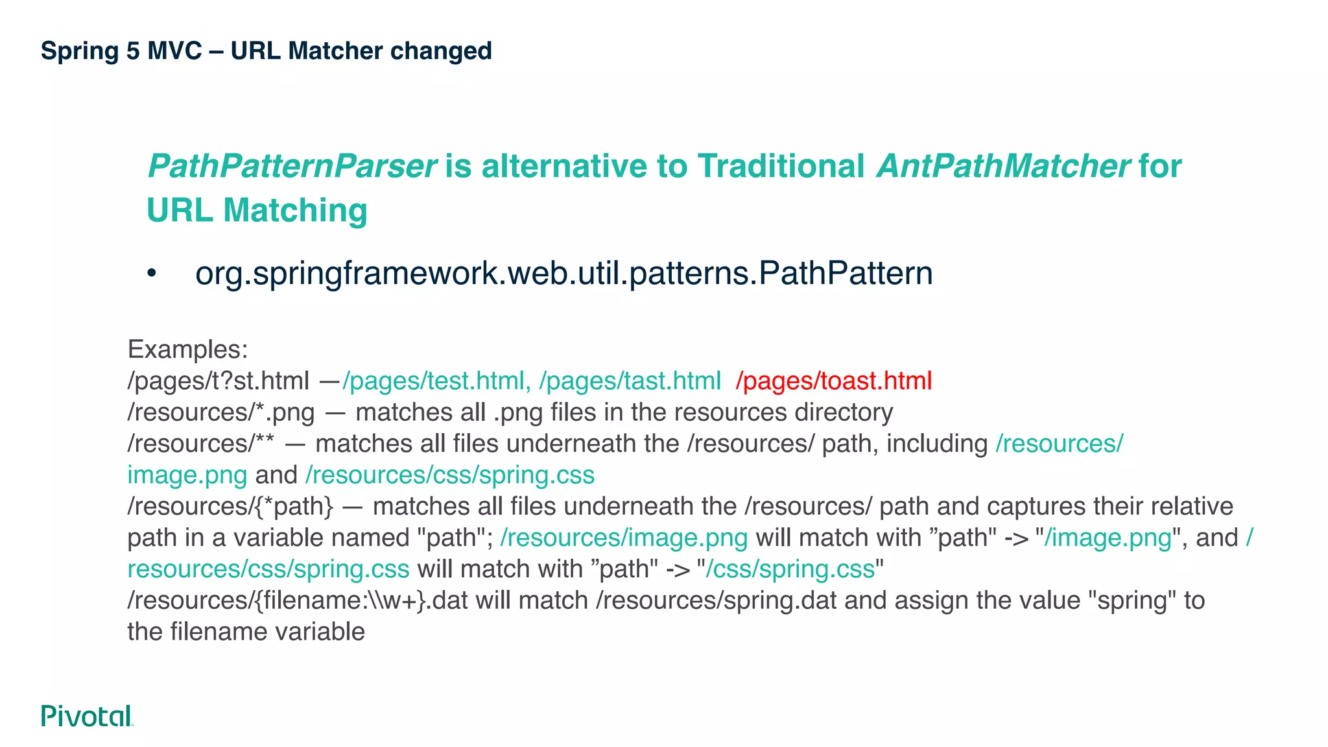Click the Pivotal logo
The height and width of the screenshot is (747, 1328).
click(87, 716)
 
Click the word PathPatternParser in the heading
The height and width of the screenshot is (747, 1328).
click(292, 166)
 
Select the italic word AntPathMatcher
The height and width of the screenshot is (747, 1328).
click(1003, 166)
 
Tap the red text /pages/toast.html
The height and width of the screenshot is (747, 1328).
click(834, 381)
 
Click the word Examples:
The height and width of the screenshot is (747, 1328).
click(187, 350)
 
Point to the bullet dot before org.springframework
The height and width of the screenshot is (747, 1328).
click(152, 274)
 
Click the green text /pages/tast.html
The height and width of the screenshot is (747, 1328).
click(630, 381)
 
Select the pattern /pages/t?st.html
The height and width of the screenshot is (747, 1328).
click(219, 381)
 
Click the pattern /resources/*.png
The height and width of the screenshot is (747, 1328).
click(221, 412)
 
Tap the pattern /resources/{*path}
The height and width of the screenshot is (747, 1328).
click(230, 506)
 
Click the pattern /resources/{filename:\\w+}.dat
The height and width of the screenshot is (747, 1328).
click(298, 600)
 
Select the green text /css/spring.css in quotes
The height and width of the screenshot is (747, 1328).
click(790, 569)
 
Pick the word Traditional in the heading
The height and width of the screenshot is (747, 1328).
click(781, 166)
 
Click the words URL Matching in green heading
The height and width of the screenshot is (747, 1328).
click(257, 211)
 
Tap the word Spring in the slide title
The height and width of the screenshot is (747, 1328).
click(80, 51)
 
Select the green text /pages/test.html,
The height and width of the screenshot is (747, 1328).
click(436, 381)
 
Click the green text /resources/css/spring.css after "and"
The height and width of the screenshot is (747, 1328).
click(449, 475)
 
